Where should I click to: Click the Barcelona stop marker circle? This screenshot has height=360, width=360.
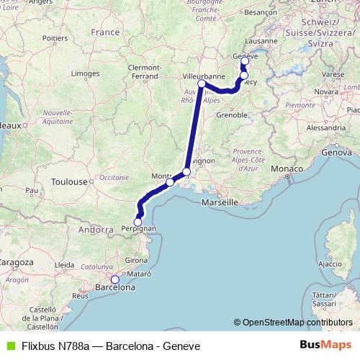point(114,279)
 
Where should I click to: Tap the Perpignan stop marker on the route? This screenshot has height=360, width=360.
point(138,222)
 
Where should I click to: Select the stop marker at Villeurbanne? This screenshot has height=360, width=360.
point(202,84)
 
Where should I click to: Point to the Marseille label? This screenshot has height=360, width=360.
point(220,204)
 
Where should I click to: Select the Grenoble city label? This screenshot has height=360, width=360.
point(232,114)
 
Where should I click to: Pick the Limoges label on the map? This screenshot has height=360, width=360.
point(85,73)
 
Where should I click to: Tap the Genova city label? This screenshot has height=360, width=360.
point(336,153)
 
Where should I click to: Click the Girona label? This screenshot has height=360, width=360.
point(136,260)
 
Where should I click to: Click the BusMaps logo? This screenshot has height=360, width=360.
point(330,346)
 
